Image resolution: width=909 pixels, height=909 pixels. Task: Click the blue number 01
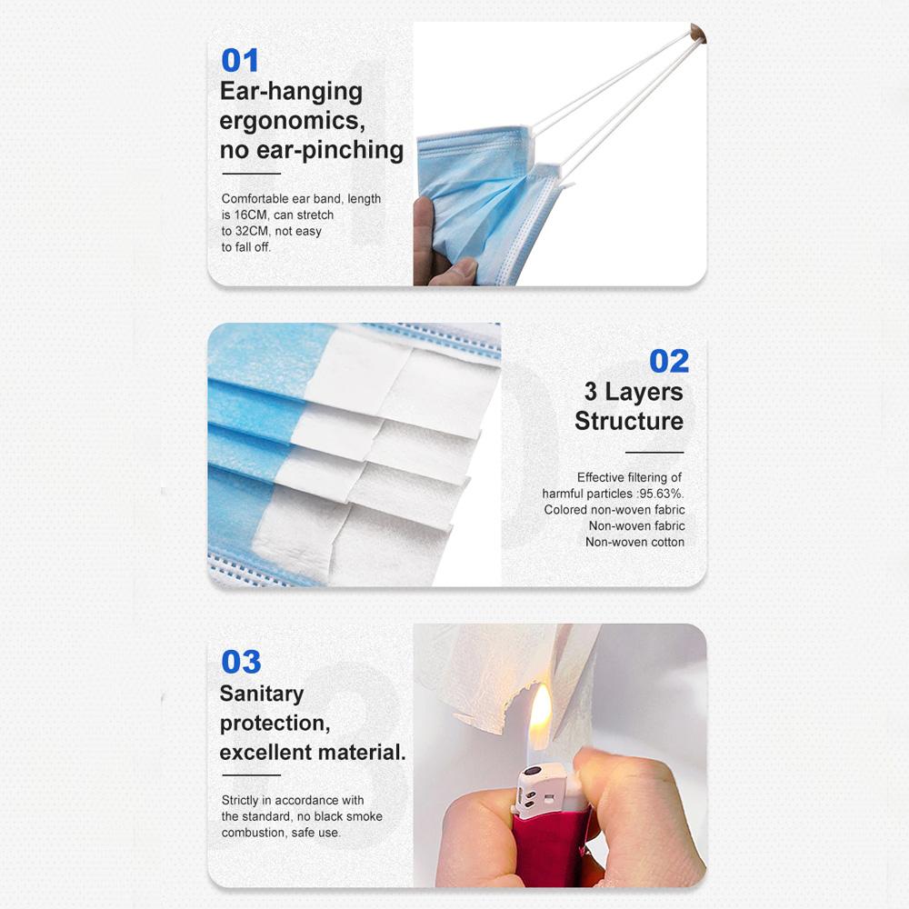tap(240, 60)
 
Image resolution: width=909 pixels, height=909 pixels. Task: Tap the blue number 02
tap(669, 361)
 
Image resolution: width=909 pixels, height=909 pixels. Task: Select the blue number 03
tap(241, 662)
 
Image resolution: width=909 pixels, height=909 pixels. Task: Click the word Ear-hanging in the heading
tap(291, 92)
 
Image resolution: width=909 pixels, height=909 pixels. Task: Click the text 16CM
tap(251, 215)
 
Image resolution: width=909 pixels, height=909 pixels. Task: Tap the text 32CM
tap(252, 231)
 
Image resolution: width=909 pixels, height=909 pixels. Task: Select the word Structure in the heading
tap(629, 421)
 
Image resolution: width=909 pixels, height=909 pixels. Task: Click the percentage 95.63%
tap(661, 494)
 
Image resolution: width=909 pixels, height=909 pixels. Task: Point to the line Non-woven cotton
tap(634, 542)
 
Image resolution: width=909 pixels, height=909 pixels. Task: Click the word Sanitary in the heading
tap(262, 694)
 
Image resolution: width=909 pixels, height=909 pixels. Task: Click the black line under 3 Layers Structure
tap(654, 452)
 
